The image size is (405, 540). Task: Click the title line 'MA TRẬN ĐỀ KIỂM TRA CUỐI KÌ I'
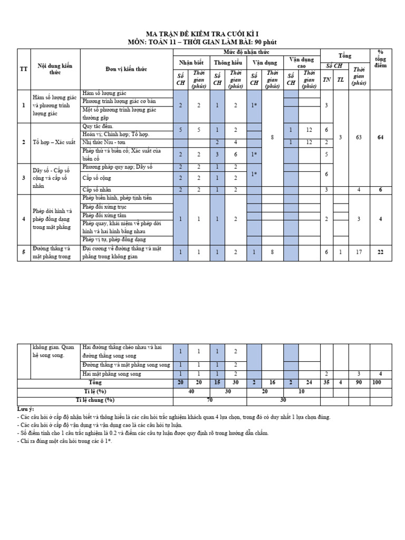tap(202, 33)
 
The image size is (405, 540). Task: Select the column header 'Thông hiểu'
tap(228, 62)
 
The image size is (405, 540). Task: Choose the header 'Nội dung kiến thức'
tap(55, 69)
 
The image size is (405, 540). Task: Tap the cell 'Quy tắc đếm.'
tap(98, 127)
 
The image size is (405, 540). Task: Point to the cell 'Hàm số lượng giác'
tap(104, 93)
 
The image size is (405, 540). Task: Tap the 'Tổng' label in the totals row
tap(95, 382)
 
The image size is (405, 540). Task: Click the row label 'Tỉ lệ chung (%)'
tap(95, 400)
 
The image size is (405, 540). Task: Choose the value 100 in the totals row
tap(376, 382)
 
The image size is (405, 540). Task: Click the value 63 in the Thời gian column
tap(359, 137)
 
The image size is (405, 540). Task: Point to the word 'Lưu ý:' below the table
tap(25, 409)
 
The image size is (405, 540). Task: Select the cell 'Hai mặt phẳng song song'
tap(112, 374)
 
